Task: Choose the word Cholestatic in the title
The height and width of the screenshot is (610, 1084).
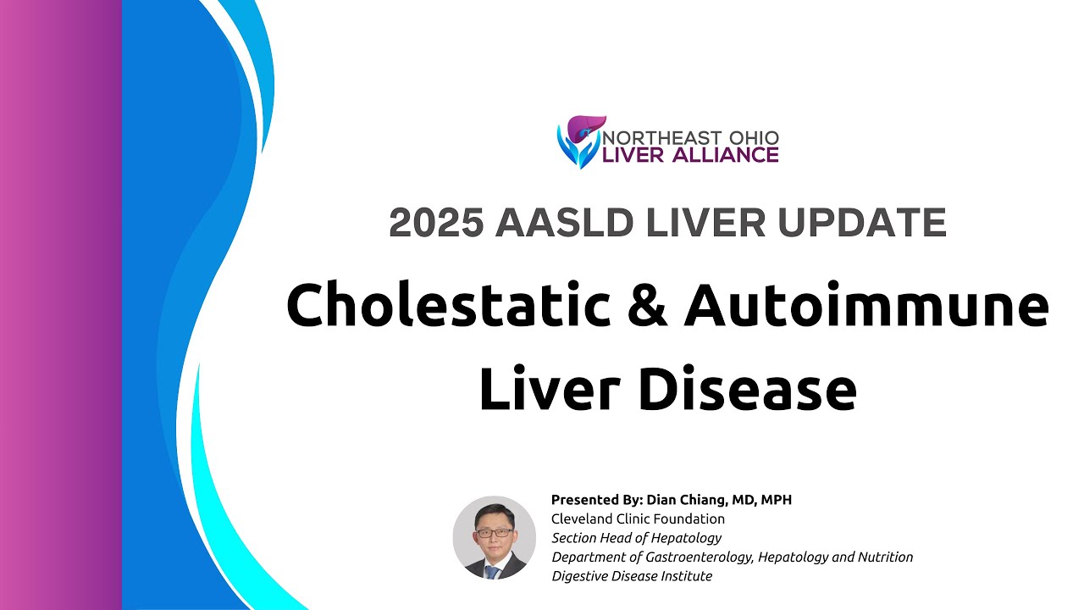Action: point(448,307)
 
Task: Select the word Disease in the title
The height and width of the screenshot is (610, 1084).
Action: point(744,389)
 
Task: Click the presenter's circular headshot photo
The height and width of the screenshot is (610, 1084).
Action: point(495,537)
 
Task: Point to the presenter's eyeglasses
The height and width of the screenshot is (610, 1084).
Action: point(495,531)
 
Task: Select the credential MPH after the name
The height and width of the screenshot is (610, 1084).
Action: point(776,500)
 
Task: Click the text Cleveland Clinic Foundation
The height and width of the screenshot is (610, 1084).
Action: point(638,518)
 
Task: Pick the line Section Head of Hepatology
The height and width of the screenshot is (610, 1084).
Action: point(636,537)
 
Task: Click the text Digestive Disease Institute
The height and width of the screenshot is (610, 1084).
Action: point(632,576)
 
